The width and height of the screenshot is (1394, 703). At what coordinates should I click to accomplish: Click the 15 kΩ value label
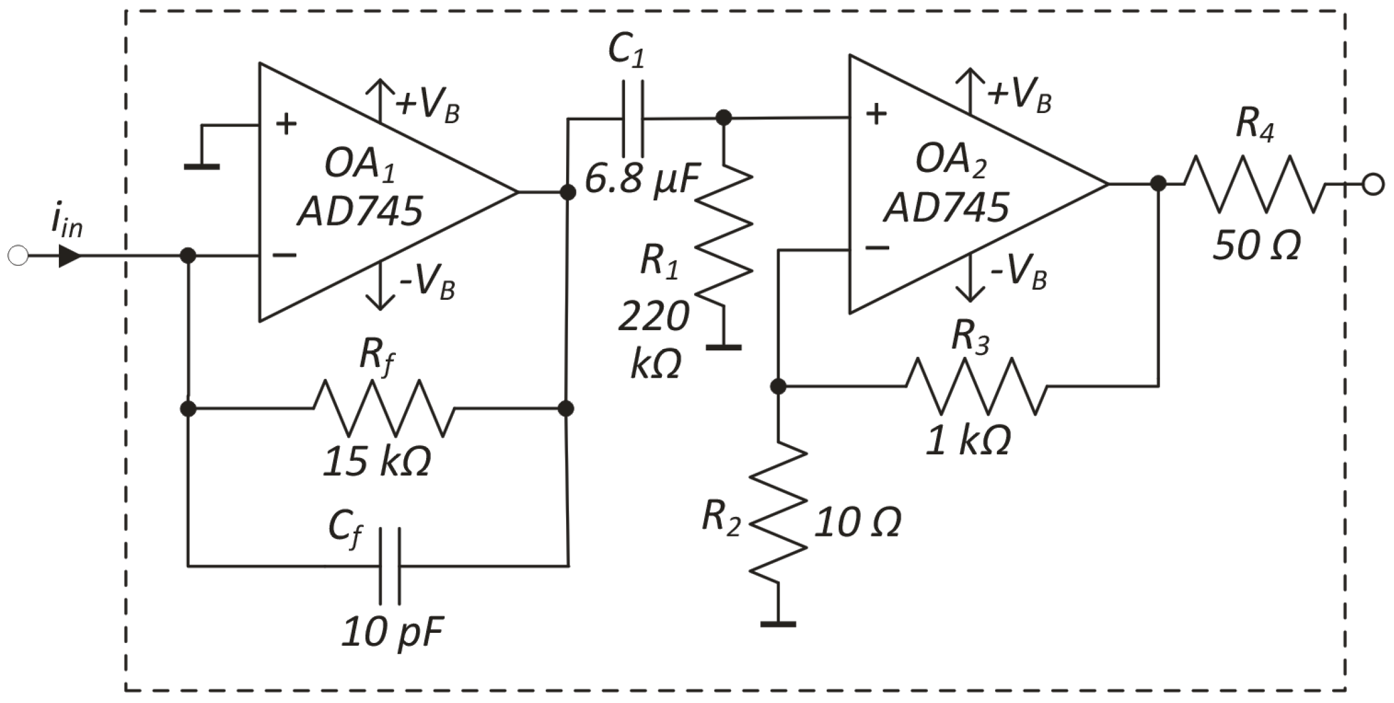coord(377,462)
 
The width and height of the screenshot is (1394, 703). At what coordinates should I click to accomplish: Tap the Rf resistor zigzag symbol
coord(384,409)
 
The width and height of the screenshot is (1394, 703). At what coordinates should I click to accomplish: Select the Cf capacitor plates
coord(390,566)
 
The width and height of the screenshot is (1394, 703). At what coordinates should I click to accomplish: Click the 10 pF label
coord(393,632)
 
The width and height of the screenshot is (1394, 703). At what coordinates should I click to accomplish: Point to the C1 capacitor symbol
coord(633,119)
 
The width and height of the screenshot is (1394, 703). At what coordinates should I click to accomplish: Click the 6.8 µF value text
coord(642,178)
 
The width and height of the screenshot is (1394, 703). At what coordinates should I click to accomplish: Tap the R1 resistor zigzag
coord(724,238)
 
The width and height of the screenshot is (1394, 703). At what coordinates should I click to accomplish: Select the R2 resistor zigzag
coord(778,511)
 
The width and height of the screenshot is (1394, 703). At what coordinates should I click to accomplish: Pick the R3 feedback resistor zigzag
coord(976,387)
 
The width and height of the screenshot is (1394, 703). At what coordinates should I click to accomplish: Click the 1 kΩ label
coord(968,441)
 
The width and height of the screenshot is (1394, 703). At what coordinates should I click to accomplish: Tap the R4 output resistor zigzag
coord(1256,184)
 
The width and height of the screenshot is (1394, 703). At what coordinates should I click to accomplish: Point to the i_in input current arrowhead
coord(70,256)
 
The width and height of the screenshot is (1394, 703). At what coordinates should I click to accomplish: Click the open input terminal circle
coord(18,256)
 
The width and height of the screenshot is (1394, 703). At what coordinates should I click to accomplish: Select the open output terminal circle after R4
coord(1373,184)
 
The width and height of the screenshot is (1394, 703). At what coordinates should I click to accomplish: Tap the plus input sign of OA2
coord(876,115)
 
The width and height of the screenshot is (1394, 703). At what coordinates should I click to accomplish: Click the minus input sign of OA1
coord(285,255)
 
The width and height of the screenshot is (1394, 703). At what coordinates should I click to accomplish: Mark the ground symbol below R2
coord(778,623)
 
